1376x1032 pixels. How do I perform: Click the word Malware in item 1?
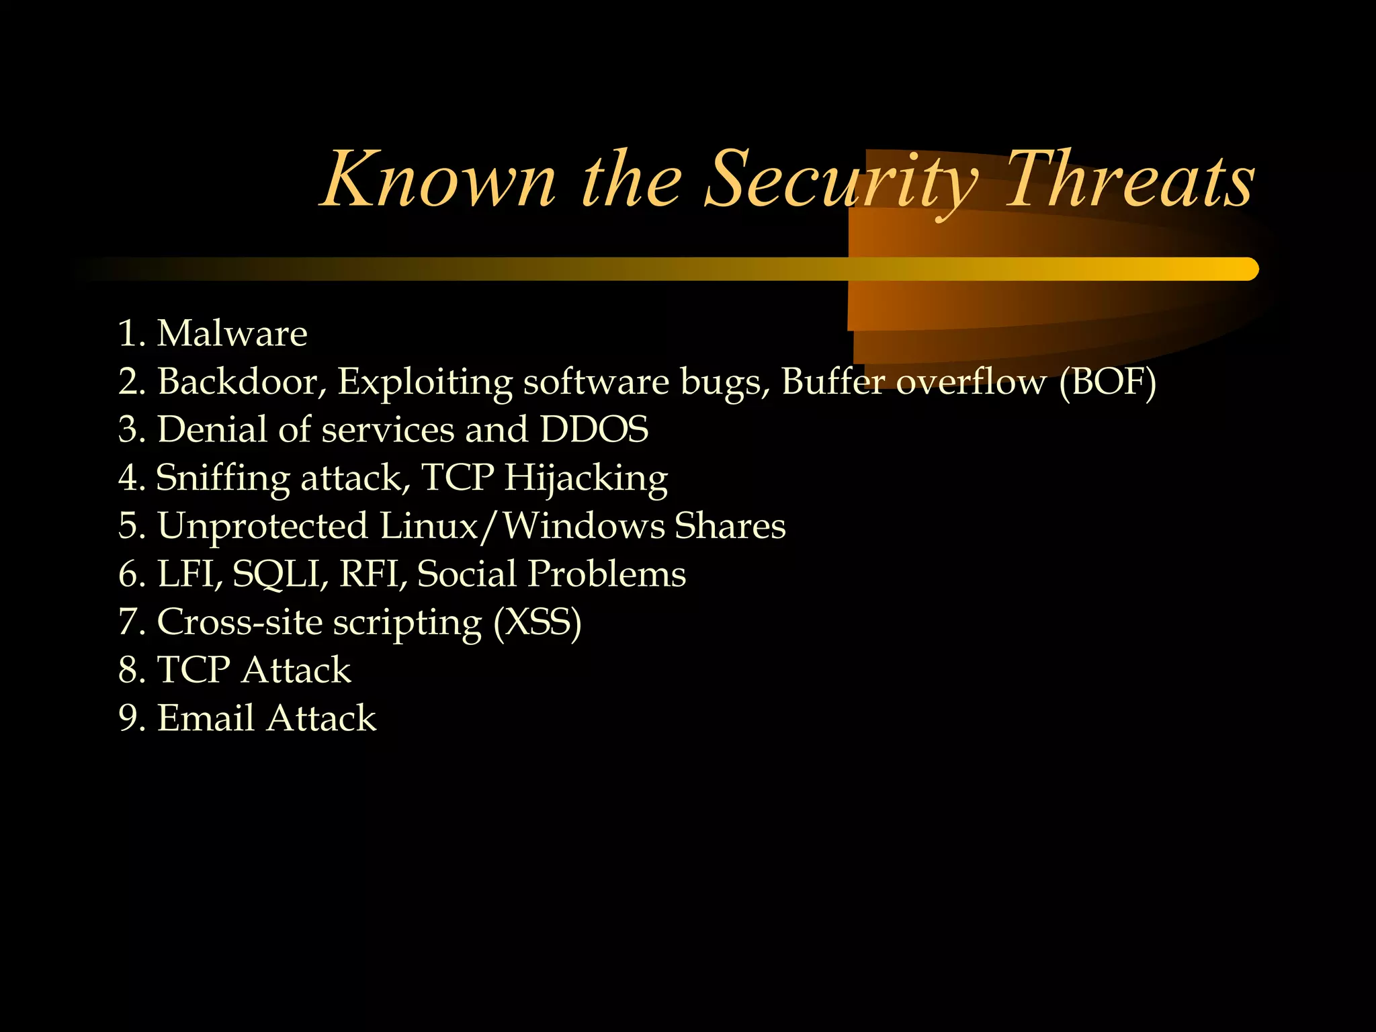click(x=232, y=333)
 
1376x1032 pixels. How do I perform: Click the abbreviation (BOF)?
click(x=1107, y=382)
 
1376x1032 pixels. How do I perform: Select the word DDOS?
click(x=594, y=429)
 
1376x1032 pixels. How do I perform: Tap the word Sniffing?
click(x=222, y=478)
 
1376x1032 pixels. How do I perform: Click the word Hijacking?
click(x=586, y=478)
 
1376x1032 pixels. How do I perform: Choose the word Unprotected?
click(x=263, y=526)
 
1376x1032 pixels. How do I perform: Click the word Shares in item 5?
click(x=730, y=526)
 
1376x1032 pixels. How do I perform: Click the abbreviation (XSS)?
click(x=537, y=622)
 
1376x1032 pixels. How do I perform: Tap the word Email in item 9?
click(x=206, y=718)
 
